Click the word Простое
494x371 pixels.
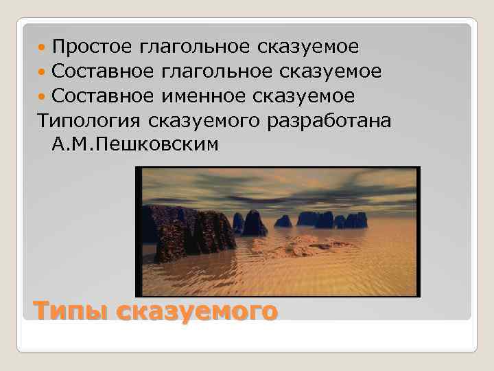[92, 47]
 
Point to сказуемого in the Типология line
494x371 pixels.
[205, 121]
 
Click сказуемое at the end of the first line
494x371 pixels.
[309, 47]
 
